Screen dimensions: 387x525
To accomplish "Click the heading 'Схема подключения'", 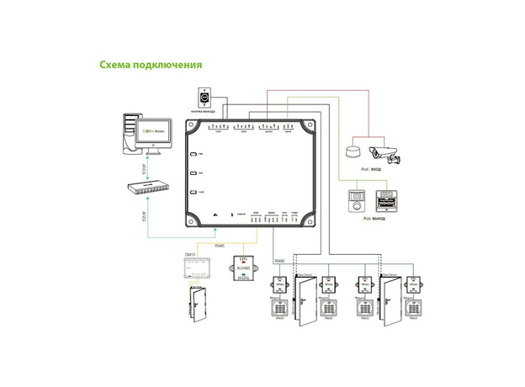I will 150,64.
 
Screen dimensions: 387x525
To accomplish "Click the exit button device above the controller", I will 204,97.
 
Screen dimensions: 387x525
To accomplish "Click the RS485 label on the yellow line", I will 220,246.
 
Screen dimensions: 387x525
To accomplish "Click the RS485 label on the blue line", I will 280,262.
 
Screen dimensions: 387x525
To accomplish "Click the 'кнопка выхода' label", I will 204,111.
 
